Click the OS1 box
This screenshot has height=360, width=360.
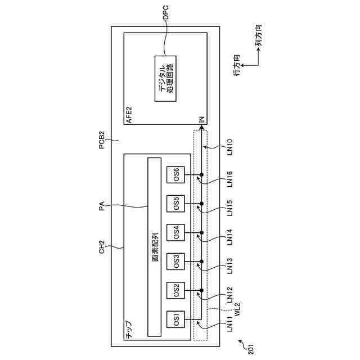pos(176,321)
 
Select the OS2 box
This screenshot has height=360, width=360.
pos(176,291)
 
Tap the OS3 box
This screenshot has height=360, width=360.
pos(176,261)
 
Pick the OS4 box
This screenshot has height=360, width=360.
pos(176,232)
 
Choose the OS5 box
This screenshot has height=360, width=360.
pos(176,202)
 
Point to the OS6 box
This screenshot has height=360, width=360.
pos(176,174)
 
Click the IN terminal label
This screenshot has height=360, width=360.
pos(201,120)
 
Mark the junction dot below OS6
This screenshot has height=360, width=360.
pos(201,174)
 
